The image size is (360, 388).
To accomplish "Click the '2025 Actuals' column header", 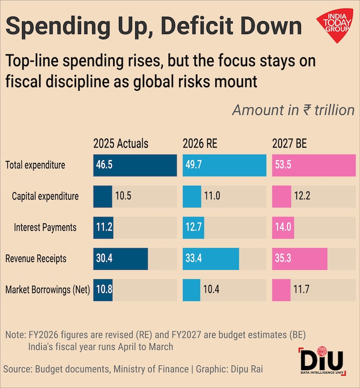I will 121,144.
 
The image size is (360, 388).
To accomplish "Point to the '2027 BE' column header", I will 289,144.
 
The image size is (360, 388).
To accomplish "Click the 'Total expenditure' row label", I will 35,166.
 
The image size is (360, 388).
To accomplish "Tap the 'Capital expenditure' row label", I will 45,196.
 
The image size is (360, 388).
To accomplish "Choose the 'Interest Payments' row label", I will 45,228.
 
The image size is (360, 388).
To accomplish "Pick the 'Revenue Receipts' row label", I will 36,259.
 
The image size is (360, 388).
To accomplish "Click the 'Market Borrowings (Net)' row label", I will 48,290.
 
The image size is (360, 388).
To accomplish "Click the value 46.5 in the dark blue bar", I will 105,166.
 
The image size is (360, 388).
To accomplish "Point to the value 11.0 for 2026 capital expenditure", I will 212,196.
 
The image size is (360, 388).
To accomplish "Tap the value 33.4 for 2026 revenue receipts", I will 194,259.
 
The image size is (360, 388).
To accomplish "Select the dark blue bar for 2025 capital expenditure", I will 103,196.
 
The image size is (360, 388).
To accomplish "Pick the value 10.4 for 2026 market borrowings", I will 212,290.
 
